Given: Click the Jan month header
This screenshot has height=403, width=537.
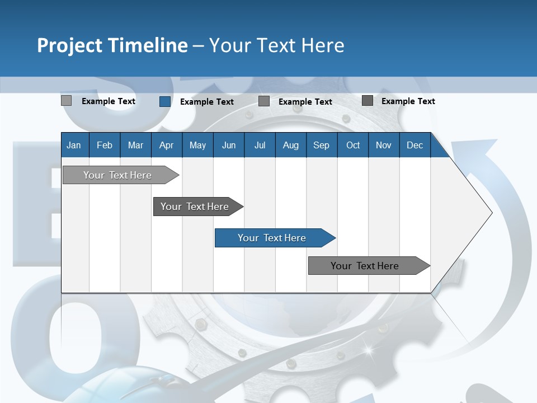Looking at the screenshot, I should (x=74, y=145).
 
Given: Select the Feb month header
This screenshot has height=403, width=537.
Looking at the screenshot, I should (x=105, y=145).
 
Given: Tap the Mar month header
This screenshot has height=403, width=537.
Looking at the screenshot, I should (x=135, y=145).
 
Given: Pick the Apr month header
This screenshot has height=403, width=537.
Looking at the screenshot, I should (x=166, y=145).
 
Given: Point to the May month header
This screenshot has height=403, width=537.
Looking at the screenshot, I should (x=197, y=145).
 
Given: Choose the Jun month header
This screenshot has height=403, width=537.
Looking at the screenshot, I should (x=229, y=145).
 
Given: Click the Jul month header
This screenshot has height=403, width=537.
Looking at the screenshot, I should (x=260, y=145).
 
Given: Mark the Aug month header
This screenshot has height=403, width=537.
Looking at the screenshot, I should (x=290, y=145).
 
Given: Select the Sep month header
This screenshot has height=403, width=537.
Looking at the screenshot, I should (x=321, y=145).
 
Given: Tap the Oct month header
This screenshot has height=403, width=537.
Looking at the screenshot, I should (x=353, y=145).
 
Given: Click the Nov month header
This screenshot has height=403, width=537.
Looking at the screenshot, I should (x=384, y=145).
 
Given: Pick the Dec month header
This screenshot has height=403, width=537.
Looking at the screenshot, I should (x=414, y=145).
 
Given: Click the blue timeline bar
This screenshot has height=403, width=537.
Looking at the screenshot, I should (x=272, y=238).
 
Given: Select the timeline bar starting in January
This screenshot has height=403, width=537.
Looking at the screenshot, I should (x=117, y=175).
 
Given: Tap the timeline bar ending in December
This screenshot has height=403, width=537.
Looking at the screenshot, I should (x=365, y=266).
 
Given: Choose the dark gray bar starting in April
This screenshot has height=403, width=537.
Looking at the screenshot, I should (x=195, y=207).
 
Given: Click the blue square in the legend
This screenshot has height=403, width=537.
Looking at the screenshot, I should (x=164, y=101).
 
